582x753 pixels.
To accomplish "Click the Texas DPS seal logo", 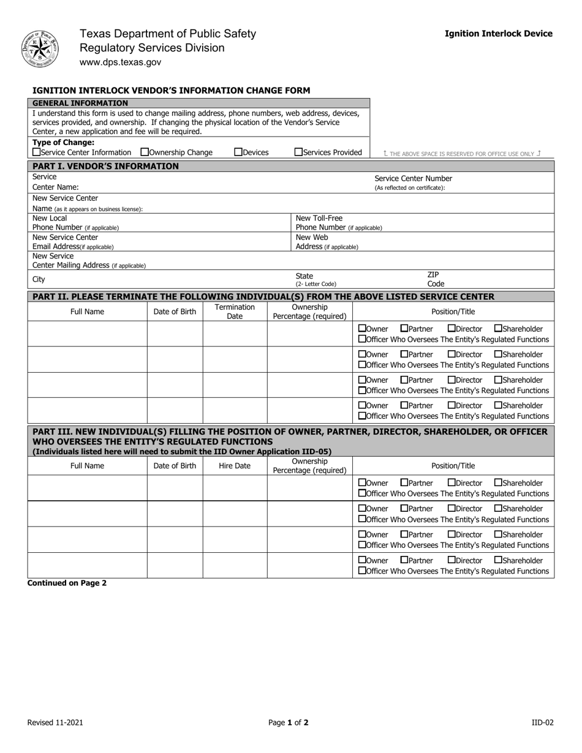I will pyautogui.click(x=40, y=49).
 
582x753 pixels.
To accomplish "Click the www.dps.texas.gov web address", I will pyautogui.click(x=121, y=62).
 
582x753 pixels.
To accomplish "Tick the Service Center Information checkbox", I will pyautogui.click(x=36, y=152).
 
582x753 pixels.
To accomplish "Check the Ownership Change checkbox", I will pyautogui.click(x=145, y=152).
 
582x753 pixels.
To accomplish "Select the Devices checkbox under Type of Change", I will pyautogui.click(x=238, y=152).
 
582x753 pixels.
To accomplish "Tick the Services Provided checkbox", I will pyautogui.click(x=298, y=152).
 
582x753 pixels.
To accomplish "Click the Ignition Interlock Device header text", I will pyautogui.click(x=498, y=34).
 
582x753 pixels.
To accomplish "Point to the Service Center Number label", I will pyautogui.click(x=414, y=178).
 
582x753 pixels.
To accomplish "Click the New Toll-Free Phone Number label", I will pyautogui.click(x=338, y=223).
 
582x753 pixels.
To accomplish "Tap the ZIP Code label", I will pyautogui.click(x=435, y=279).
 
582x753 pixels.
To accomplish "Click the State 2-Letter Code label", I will pyautogui.click(x=316, y=280).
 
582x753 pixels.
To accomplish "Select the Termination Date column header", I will pyautogui.click(x=235, y=312).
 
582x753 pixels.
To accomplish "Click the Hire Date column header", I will pyautogui.click(x=235, y=466).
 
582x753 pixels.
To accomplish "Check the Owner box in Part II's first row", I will pyautogui.click(x=362, y=329).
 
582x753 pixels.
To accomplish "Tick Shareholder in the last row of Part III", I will pyautogui.click(x=498, y=560).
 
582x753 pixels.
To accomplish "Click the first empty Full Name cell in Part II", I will pyautogui.click(x=87, y=334).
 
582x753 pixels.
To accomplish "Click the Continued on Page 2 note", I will pyautogui.click(x=67, y=583).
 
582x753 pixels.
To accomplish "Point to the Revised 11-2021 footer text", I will pyautogui.click(x=55, y=722).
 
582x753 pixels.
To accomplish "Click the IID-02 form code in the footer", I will pyautogui.click(x=542, y=722).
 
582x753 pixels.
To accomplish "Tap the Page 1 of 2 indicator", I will pyautogui.click(x=289, y=722).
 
